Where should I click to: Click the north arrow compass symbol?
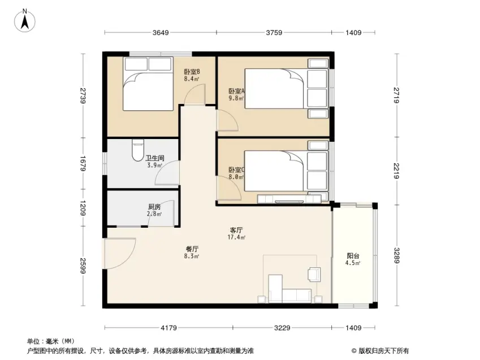25,20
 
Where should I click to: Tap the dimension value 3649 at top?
161,32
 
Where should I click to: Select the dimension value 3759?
274,32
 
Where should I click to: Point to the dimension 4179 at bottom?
168,328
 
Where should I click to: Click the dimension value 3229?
282,328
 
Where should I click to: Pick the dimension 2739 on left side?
83,96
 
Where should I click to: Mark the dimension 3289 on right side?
397,255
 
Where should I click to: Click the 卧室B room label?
192,72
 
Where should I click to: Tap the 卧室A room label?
237,91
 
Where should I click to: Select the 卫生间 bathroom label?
154,158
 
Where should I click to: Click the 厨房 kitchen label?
154,207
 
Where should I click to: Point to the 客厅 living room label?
236,230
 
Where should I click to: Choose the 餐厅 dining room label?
192,249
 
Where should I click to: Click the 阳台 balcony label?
353,256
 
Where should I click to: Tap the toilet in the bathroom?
138,150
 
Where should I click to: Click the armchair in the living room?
314,274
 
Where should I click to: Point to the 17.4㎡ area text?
236,237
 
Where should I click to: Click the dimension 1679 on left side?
83,163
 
